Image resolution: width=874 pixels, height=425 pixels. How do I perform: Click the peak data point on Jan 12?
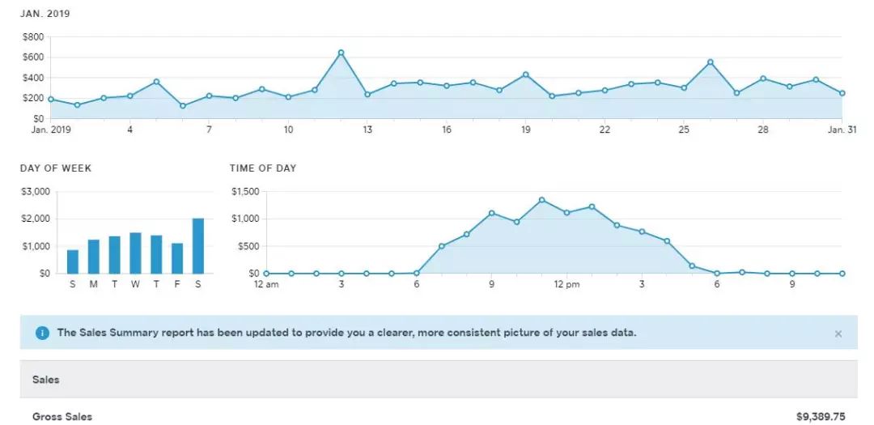click(x=341, y=53)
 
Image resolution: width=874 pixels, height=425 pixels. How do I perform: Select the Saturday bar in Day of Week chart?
click(x=197, y=246)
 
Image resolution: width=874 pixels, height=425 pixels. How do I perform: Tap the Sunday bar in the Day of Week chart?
click(x=73, y=261)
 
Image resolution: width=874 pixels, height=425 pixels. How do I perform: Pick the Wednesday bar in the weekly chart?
click(x=135, y=253)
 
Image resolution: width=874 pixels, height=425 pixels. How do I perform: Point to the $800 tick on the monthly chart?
click(x=33, y=37)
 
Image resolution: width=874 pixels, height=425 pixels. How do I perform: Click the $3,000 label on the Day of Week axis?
click(x=35, y=192)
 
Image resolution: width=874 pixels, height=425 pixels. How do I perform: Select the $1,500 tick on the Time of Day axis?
click(x=245, y=192)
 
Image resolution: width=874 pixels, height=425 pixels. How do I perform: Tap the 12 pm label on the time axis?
click(x=566, y=284)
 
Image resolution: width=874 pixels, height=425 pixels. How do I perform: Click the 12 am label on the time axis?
click(x=265, y=284)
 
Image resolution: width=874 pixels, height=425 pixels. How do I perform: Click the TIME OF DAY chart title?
click(x=263, y=168)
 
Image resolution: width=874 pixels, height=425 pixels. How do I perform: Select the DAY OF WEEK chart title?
click(x=56, y=168)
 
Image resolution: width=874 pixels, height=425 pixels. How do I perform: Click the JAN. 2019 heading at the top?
click(x=45, y=15)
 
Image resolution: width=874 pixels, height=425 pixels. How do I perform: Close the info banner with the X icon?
click(x=838, y=334)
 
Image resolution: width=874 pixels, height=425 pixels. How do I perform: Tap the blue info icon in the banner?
click(x=42, y=333)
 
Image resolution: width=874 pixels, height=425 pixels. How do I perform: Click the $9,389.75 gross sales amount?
click(x=821, y=417)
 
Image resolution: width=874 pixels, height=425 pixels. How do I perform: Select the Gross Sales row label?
click(x=62, y=417)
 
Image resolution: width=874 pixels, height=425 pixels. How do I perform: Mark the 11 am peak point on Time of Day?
click(x=541, y=200)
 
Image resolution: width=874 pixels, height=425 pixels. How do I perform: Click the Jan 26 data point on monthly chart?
click(x=710, y=62)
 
